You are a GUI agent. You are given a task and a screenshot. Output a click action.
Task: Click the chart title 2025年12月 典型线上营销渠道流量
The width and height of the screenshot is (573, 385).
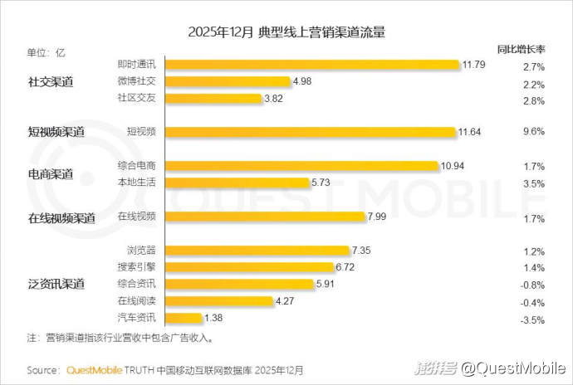[x=286, y=32]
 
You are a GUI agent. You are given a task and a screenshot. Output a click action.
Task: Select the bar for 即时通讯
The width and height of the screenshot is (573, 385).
[x=311, y=64]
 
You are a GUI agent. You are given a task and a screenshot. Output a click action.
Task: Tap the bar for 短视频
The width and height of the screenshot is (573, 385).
[x=311, y=131]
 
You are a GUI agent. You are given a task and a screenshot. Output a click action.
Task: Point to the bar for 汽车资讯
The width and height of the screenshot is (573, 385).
[x=183, y=318]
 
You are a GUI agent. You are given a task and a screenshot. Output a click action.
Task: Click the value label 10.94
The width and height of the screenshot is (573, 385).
[x=453, y=165]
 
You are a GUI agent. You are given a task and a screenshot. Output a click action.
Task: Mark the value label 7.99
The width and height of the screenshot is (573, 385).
[x=379, y=217]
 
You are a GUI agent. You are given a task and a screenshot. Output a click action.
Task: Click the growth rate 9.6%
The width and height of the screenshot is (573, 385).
[x=534, y=131]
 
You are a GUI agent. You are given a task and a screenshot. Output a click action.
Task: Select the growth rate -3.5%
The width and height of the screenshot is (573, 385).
[x=532, y=319]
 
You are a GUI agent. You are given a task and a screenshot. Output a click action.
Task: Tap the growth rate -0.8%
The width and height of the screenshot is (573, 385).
[x=532, y=285]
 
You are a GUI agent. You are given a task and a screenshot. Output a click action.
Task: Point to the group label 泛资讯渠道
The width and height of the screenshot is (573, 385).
[x=56, y=284]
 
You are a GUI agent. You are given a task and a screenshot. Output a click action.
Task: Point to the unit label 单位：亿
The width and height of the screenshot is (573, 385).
[x=46, y=52]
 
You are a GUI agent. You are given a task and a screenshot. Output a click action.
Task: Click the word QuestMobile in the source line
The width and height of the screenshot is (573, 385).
[x=94, y=369]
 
